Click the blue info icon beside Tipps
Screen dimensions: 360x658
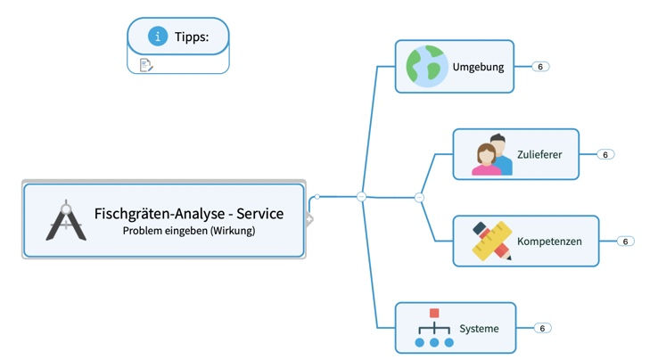158,37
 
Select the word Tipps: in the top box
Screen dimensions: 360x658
192,37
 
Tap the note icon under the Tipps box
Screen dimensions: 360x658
146,64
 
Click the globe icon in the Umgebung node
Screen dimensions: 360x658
426,67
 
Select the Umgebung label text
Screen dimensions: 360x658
478,67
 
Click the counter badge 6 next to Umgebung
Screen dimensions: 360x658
540,67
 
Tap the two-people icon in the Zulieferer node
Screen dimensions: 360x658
492,154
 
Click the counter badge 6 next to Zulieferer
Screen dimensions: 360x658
605,154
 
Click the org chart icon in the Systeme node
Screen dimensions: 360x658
434,328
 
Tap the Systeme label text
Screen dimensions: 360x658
479,329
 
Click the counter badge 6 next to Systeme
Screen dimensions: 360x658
541,328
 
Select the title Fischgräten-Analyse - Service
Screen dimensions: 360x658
189,214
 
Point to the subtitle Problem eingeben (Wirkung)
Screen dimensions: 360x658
189,231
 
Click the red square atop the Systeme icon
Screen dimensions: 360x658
434,314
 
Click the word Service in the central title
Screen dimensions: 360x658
257,214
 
